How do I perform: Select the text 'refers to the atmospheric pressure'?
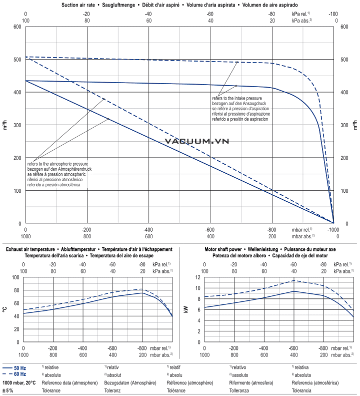click(x=58, y=164)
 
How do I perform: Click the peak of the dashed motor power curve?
click(x=294, y=280)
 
